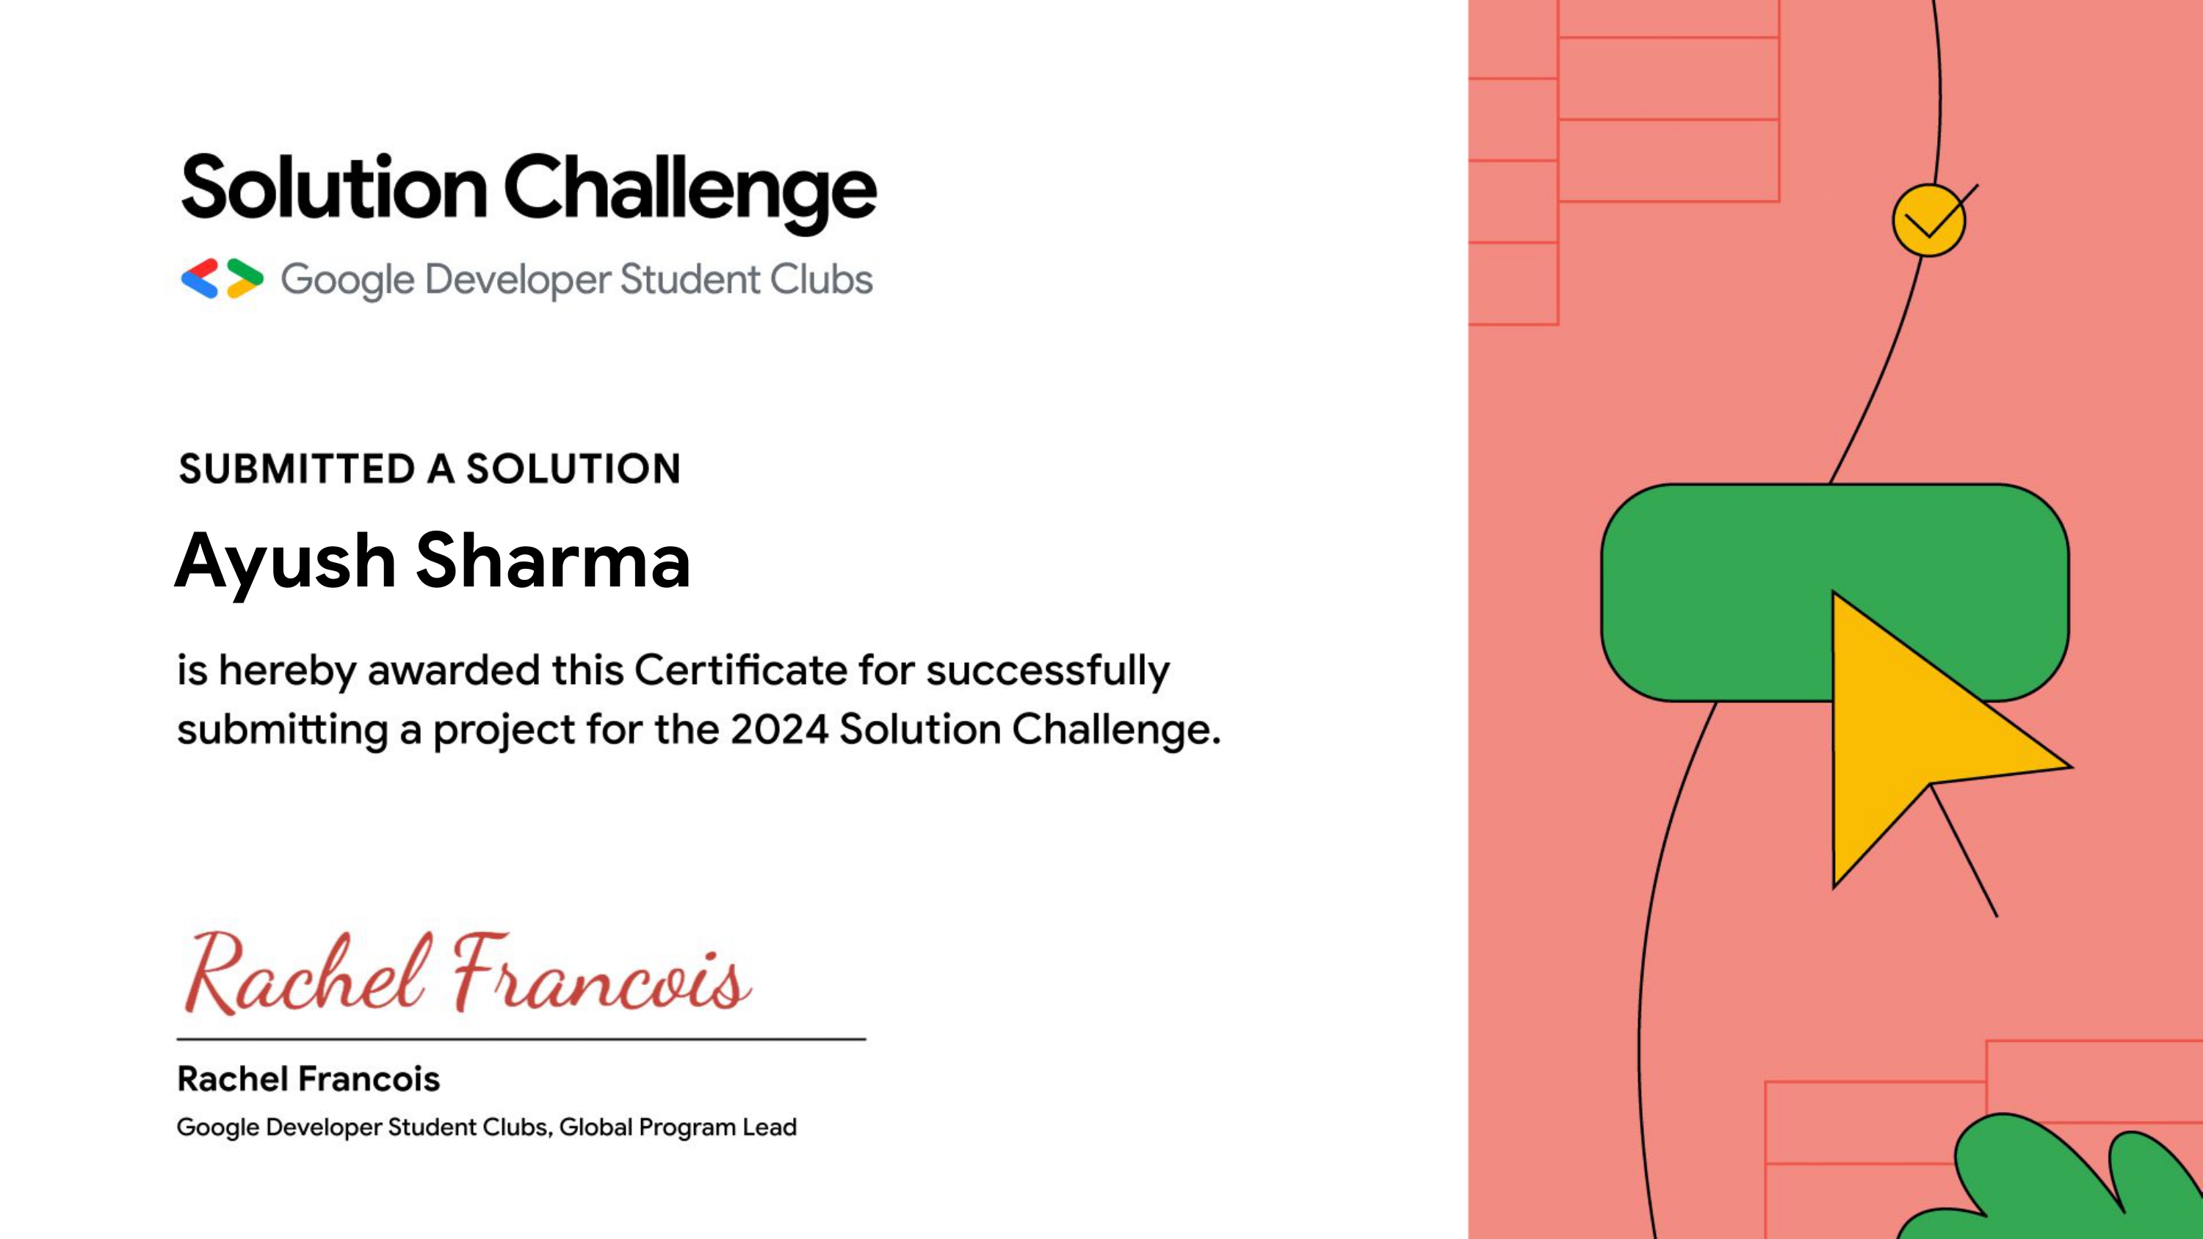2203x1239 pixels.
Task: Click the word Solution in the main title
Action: coord(334,187)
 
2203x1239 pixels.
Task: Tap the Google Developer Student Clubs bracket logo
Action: coord(223,279)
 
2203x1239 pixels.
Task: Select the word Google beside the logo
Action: coord(348,281)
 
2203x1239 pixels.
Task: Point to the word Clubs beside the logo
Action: coord(821,279)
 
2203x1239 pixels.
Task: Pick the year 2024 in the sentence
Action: coord(779,730)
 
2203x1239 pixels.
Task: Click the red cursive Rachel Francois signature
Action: coord(468,973)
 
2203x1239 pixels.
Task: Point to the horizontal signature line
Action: coord(521,1039)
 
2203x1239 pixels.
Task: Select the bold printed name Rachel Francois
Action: coord(308,1079)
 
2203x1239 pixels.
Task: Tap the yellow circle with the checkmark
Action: coord(1928,221)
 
